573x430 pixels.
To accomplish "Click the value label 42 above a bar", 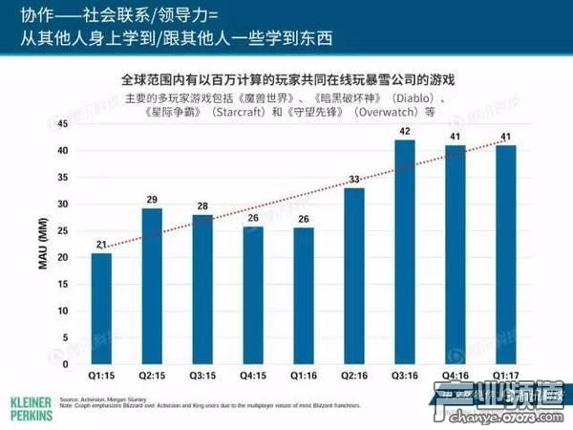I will (405, 131).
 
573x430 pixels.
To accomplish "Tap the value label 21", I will (101, 244).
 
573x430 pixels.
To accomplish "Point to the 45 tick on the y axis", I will (64, 124).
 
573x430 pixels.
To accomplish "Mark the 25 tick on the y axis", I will (64, 231).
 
